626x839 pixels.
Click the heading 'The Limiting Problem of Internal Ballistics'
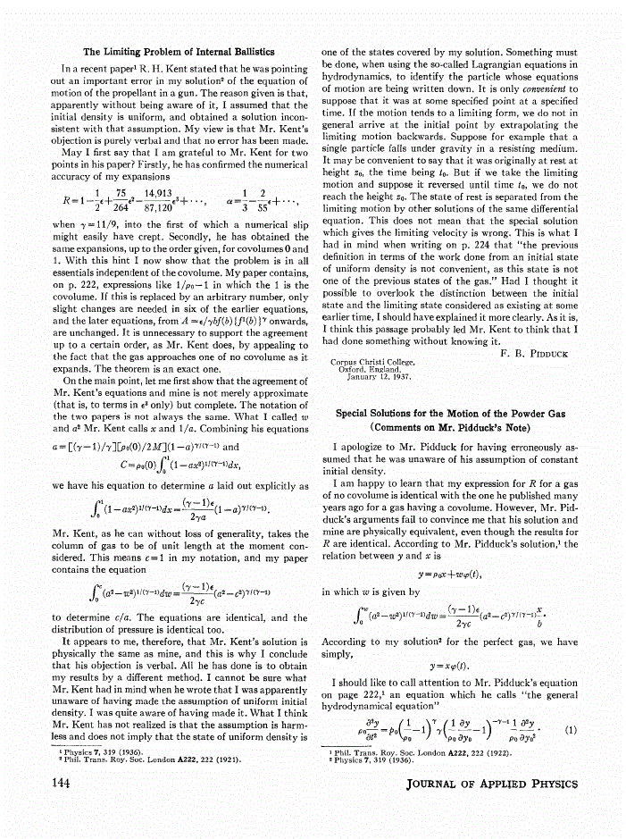point(178,51)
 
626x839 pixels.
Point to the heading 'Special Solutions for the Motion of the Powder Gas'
point(454,414)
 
